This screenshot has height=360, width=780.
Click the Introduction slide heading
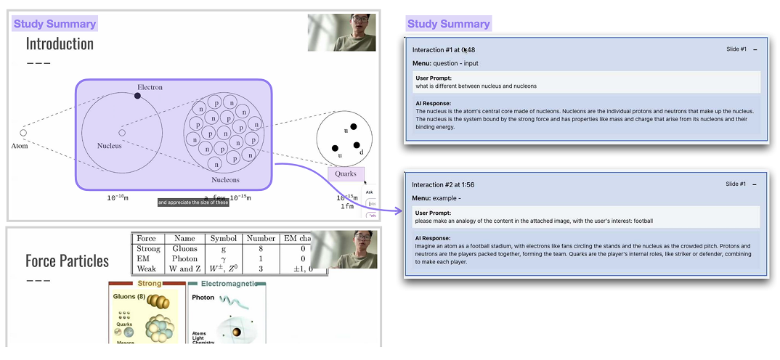coord(60,44)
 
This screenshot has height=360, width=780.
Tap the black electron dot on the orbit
coord(137,95)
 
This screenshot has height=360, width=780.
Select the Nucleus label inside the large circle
coord(110,146)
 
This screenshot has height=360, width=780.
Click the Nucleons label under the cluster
coord(225,180)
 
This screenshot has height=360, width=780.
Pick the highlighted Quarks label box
coord(346,174)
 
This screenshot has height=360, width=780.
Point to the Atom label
coord(20,146)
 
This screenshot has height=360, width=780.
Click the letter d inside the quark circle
coord(361,152)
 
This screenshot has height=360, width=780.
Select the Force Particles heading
coord(67,261)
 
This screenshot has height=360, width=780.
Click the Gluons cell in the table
coord(184,249)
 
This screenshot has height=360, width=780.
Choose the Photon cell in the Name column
coord(184,259)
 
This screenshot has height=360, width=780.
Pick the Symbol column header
coord(223,239)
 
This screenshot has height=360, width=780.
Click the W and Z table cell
coord(184,269)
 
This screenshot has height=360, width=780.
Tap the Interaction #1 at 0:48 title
coord(443,49)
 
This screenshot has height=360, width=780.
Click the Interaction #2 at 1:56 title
coord(443,184)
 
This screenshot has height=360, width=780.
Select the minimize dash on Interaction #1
coord(755,49)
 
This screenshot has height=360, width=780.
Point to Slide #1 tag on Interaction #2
coord(736,184)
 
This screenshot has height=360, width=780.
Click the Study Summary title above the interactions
coord(448,24)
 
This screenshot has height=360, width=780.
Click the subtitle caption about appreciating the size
coord(193,202)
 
